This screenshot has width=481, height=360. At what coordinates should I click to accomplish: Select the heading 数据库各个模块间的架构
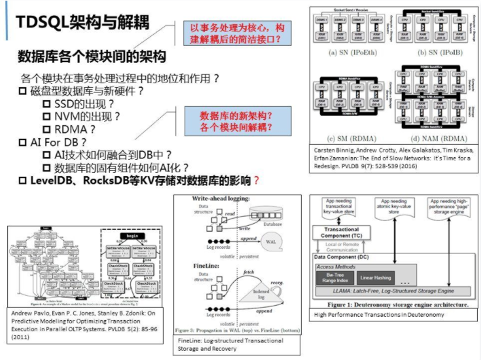tap(92, 56)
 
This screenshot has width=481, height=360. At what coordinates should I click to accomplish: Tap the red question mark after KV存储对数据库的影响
tap(257, 179)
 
